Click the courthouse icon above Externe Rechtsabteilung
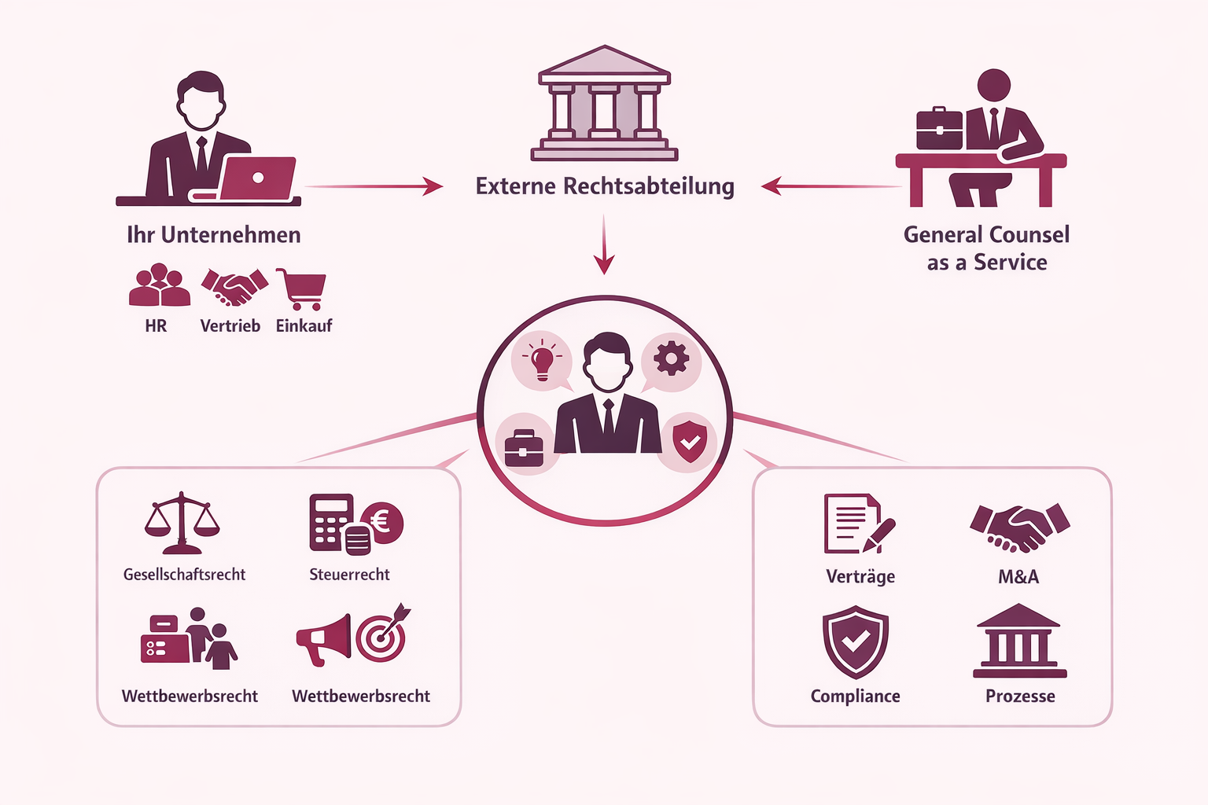(x=604, y=104)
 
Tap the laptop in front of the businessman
(x=256, y=178)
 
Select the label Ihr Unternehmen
(x=214, y=235)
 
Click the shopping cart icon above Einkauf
(x=302, y=289)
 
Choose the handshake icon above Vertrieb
(x=234, y=287)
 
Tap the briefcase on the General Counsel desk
(x=939, y=128)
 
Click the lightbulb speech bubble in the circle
(x=542, y=361)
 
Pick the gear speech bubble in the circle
(x=671, y=360)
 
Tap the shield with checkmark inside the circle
(x=689, y=442)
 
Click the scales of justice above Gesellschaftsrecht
(x=182, y=523)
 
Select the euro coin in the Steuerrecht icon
(x=383, y=521)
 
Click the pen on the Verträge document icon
(x=879, y=535)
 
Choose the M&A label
(x=1018, y=577)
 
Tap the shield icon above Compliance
(x=856, y=641)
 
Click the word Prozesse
(x=1020, y=697)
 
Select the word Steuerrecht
(x=349, y=575)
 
